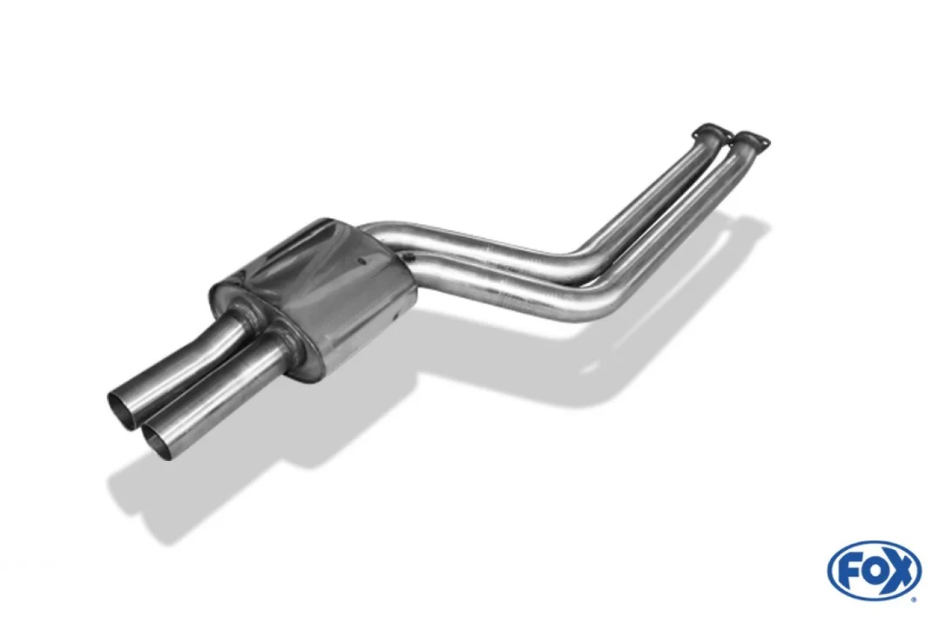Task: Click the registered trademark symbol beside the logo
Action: click(914, 599)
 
